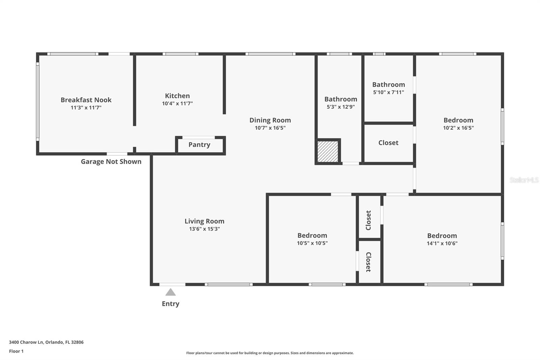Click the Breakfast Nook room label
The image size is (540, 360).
coord(86,100)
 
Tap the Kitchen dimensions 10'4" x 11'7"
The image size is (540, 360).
coord(177,104)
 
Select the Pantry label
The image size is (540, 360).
coord(199,145)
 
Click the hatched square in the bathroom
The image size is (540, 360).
coord(328,152)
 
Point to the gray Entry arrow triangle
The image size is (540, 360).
coord(170,292)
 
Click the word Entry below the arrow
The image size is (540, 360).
coord(170,304)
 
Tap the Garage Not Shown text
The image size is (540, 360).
coord(111,161)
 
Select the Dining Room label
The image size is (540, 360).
coord(270,120)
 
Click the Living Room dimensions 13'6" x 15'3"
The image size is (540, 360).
coord(204,229)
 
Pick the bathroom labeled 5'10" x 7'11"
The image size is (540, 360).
coord(388,85)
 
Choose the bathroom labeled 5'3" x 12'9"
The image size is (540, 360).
coord(341,99)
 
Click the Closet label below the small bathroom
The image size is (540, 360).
coord(388,143)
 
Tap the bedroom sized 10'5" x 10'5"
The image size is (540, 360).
coord(312,236)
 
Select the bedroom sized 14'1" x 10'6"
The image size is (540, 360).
coord(442,236)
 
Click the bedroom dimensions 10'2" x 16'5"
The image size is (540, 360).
coord(458,128)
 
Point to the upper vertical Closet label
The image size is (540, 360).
coord(369,220)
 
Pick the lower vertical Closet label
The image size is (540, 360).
coord(369,262)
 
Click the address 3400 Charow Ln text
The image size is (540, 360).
coord(46,342)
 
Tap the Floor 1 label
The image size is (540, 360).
coord(16,351)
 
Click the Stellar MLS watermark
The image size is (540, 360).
coord(524,180)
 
